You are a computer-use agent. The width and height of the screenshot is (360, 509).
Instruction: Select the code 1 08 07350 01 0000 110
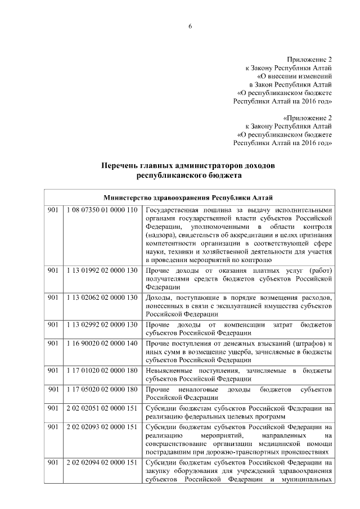coord(102,210)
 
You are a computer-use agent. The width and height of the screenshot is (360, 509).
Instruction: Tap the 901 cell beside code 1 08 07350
coord(53,210)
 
